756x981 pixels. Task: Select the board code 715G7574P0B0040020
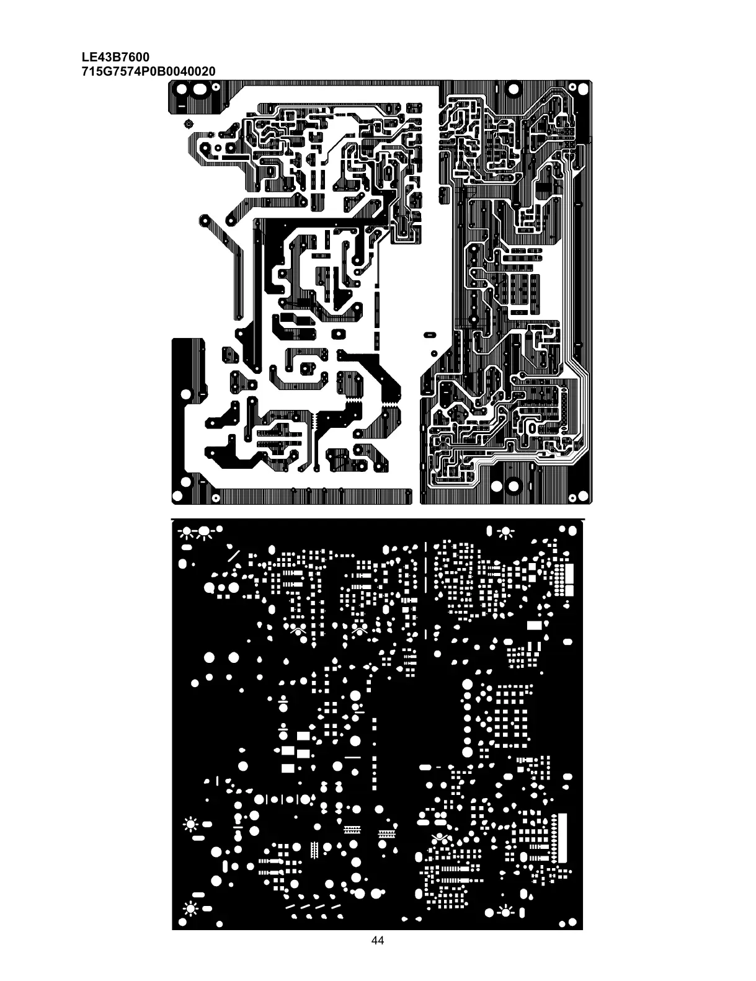tap(149, 71)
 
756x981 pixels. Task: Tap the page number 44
tap(377, 958)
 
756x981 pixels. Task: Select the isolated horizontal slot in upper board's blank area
tap(429, 335)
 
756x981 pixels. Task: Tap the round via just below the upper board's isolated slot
tap(434, 352)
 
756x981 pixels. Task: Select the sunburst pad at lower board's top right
tap(507, 531)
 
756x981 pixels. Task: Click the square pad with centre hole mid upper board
tap(338, 334)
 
